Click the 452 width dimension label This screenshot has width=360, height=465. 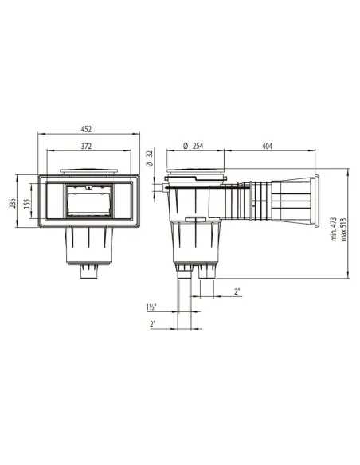(86, 129)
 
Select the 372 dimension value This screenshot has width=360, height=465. (86, 147)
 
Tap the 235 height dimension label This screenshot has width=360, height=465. (13, 204)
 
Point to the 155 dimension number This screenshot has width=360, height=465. (27, 204)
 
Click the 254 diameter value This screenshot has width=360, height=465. (198, 147)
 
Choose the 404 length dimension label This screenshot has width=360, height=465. (267, 147)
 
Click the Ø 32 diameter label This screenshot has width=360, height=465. (151, 158)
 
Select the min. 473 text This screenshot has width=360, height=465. (334, 229)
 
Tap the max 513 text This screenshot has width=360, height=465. (344, 230)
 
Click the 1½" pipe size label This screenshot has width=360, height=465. (151, 307)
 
